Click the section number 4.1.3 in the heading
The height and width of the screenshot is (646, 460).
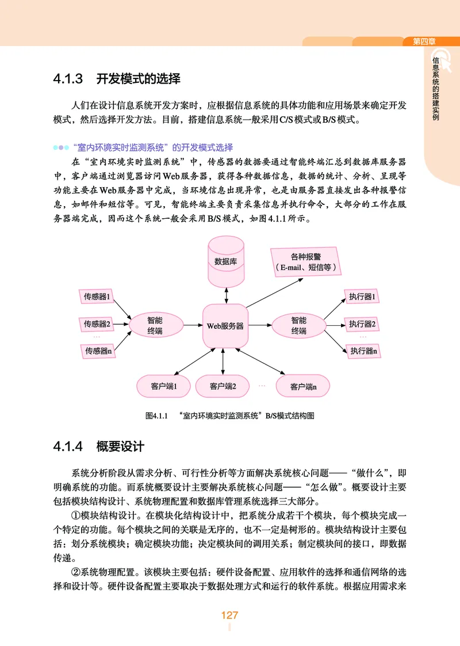coord(68,78)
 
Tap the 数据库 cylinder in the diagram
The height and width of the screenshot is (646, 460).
coord(225,262)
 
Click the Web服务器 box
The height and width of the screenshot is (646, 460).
coord(225,326)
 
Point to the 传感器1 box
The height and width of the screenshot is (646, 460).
coord(97,297)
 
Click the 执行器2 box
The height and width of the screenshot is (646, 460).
coord(362,324)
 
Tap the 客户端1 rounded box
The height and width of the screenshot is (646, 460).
coord(163,386)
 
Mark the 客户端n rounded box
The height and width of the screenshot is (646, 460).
coord(303,386)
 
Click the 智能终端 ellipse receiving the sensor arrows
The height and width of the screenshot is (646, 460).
coord(155,325)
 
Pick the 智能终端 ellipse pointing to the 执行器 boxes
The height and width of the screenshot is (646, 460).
coord(298,325)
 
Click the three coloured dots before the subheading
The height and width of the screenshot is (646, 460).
coord(62,147)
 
